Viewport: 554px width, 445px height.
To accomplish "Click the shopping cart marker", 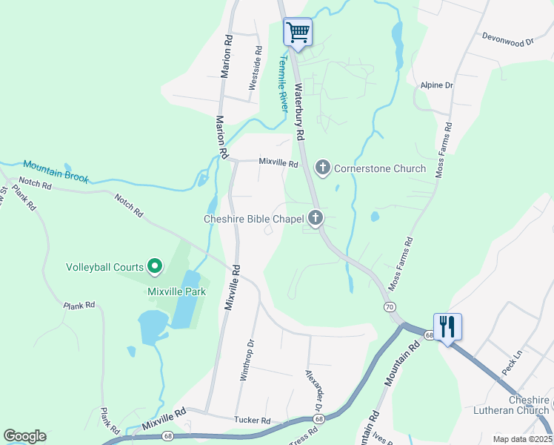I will click(298, 33).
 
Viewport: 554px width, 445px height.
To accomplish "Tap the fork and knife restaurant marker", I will click(447, 327).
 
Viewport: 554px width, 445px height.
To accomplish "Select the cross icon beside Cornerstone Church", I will click(322, 168).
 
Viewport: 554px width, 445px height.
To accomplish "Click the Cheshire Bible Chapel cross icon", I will click(316, 218).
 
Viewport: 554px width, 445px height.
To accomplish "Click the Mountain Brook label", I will click(56, 171).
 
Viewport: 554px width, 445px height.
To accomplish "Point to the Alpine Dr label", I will click(436, 85).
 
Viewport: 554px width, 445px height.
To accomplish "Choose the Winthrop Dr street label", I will click(247, 360).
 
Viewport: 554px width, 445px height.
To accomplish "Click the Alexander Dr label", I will click(315, 391).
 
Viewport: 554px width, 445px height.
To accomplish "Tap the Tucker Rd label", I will click(253, 421).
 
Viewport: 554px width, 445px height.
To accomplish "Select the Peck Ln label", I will click(513, 363).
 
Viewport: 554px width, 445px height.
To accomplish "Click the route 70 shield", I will click(388, 306).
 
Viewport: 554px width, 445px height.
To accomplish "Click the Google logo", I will click(24, 435).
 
